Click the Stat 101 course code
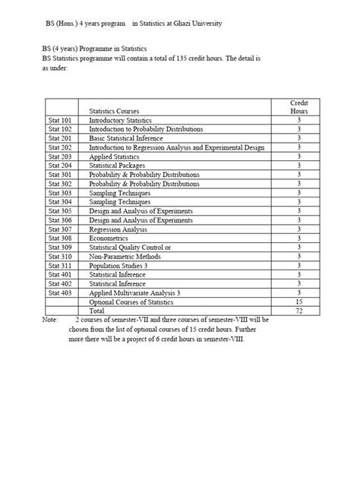click(59, 120)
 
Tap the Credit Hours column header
click(298, 106)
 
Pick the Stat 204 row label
click(59, 166)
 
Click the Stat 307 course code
click(59, 229)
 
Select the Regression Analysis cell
click(118, 229)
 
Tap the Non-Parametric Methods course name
click(125, 256)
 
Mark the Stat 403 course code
click(59, 292)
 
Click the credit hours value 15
click(298, 302)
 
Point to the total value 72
click(298, 311)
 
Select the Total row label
click(97, 311)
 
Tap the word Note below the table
click(49, 321)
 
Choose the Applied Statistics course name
click(115, 156)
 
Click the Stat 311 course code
click(59, 265)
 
